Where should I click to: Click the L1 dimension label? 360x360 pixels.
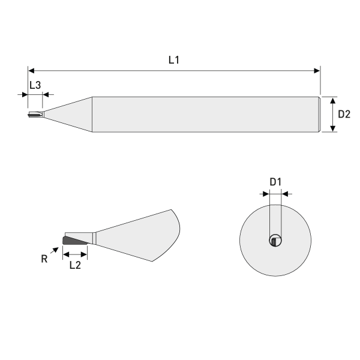tap(174, 61)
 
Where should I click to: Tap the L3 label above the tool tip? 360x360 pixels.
tap(35, 85)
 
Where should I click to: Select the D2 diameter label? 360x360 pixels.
tap(344, 114)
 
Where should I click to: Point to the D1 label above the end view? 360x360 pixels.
tap(276, 182)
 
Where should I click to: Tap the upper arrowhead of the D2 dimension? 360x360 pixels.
tap(332, 100)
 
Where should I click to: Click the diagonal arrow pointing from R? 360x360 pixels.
tap(56, 252)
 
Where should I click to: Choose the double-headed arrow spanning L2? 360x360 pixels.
tap(75, 253)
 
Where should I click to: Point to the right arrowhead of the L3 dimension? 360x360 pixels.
tap(49, 94)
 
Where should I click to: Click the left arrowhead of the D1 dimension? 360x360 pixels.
tap(266, 194)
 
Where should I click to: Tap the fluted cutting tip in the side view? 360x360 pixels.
tap(35, 113)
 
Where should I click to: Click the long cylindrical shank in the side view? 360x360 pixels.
tap(204, 114)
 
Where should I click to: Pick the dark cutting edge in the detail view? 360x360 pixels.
tap(74, 241)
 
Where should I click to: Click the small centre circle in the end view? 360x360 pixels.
tap(275, 241)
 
